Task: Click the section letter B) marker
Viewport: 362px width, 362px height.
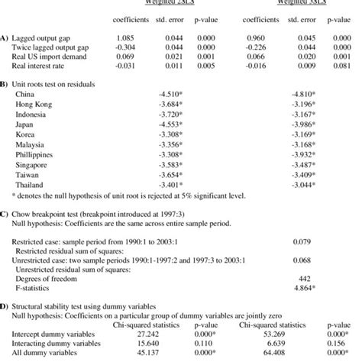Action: [x=5, y=82]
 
